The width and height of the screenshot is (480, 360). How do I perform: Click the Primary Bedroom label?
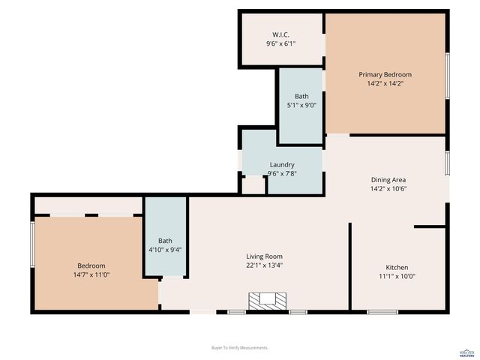385,74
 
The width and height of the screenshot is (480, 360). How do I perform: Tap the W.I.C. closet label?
281,34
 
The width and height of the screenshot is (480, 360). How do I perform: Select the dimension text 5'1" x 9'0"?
301,106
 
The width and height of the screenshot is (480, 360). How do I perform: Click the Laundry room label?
282,164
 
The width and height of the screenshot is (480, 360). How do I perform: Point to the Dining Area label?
388,179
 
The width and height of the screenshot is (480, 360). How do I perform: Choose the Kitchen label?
397,267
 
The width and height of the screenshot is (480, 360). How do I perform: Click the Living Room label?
264,256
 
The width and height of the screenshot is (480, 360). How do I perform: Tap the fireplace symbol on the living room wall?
268,300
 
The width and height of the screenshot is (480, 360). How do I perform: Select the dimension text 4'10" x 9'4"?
165,250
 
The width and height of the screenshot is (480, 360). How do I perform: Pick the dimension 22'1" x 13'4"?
264,265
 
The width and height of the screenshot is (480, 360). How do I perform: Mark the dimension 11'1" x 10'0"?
397,276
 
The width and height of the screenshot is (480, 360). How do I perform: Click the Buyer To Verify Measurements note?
240,348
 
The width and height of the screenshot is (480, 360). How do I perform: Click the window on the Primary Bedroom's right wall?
447,74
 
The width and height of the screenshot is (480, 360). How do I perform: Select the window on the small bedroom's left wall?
32,243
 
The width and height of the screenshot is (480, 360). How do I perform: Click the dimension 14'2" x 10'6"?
388,189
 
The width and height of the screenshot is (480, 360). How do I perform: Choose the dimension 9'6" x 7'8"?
282,174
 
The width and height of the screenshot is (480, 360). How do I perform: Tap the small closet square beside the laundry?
253,184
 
